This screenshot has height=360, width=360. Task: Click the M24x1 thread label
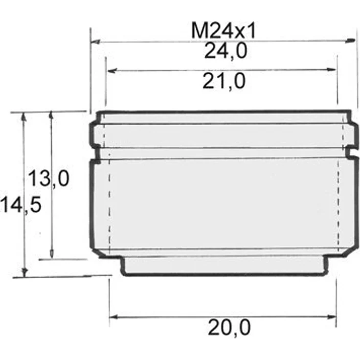[223, 31]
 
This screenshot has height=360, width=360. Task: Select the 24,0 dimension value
[225, 51]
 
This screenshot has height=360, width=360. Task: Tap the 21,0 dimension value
[224, 81]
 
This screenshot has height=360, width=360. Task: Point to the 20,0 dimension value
[229, 328]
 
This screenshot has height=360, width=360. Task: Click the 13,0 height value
[49, 178]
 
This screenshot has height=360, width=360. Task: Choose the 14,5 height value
[21, 204]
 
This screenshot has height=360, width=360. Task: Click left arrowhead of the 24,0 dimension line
[95, 42]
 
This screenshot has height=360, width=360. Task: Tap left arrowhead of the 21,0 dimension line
[112, 70]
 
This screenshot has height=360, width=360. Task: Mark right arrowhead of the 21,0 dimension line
[332, 69]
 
